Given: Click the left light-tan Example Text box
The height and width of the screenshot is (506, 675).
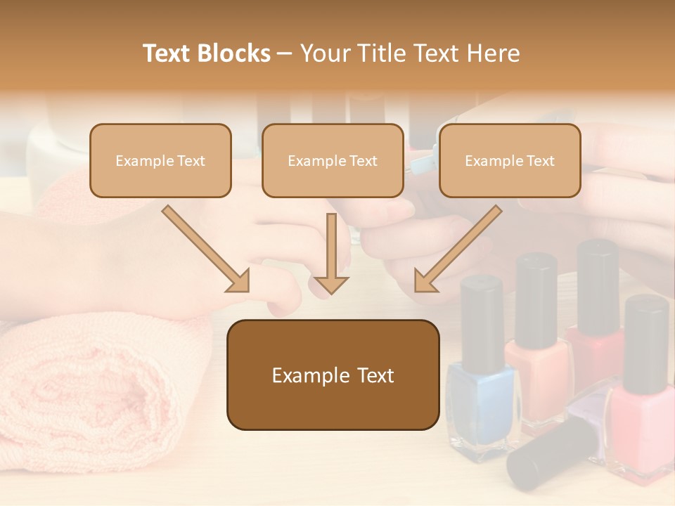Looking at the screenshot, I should [160, 160].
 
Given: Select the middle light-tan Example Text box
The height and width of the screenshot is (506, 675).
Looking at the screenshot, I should [333, 160].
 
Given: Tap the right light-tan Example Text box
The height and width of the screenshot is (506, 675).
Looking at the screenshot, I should [510, 160].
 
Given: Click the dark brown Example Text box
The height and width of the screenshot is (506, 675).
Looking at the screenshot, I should [333, 375].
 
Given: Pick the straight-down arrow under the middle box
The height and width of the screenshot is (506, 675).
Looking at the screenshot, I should [331, 253].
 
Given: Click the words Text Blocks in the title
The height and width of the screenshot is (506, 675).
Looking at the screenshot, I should [206, 53].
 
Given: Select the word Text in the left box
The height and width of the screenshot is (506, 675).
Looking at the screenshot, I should [192, 160].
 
